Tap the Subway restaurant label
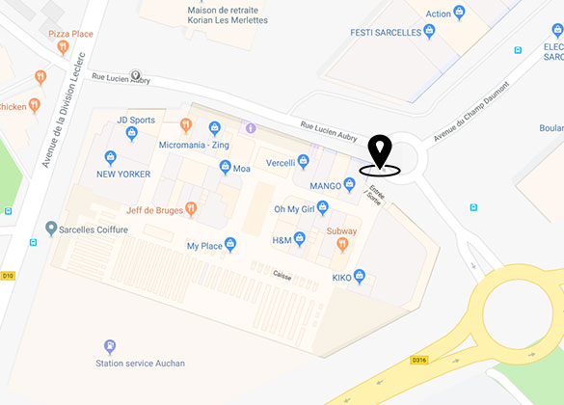pyautogui.click(x=341, y=231)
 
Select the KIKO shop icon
pyautogui.click(x=360, y=277)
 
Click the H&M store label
pyautogui.click(x=282, y=240)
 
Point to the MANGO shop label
pyautogui.click(x=326, y=184)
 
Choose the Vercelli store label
pyautogui.click(x=281, y=163)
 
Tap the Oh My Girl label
pyautogui.click(x=295, y=209)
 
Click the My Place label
pyautogui.click(x=205, y=246)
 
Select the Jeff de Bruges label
pyautogui.click(x=154, y=209)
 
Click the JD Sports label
pyautogui.click(x=136, y=121)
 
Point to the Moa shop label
pyautogui.click(x=242, y=169)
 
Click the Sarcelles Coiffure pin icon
pyautogui.click(x=51, y=229)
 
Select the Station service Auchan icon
pyautogui.click(x=110, y=346)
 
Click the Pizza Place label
pyautogui.click(x=70, y=34)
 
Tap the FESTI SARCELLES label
pyautogui.click(x=386, y=32)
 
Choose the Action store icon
pyautogui.click(x=459, y=13)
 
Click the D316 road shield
pyautogui.click(x=418, y=361)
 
